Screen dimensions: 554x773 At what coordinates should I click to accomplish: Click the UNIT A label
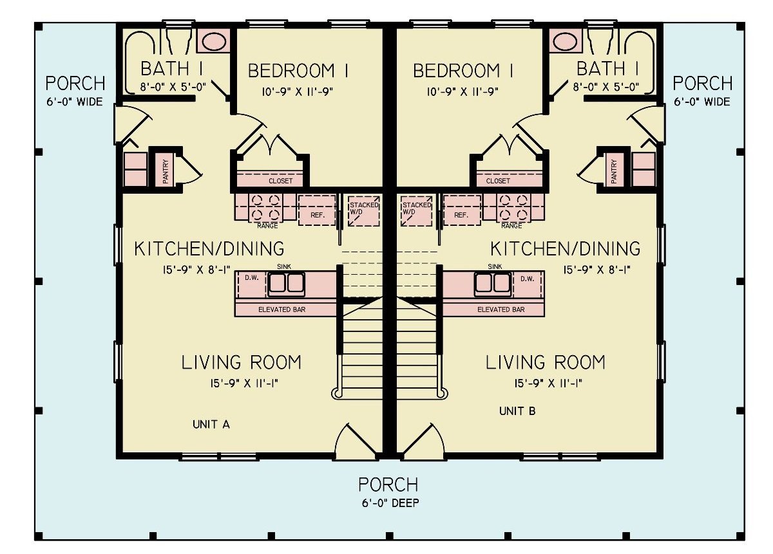211,425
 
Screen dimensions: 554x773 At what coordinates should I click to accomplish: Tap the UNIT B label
517,411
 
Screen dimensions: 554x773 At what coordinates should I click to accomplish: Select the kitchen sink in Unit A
286,283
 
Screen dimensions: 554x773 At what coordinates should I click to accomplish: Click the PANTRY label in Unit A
166,172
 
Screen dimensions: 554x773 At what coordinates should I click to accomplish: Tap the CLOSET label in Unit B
498,181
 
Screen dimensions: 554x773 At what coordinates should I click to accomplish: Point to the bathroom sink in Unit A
213,41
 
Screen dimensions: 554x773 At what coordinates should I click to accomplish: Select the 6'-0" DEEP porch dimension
388,503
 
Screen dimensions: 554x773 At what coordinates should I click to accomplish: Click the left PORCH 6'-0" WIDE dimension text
75,102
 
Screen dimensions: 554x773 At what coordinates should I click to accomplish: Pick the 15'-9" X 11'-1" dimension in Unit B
545,383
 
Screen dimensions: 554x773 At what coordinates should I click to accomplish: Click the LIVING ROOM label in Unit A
241,362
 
